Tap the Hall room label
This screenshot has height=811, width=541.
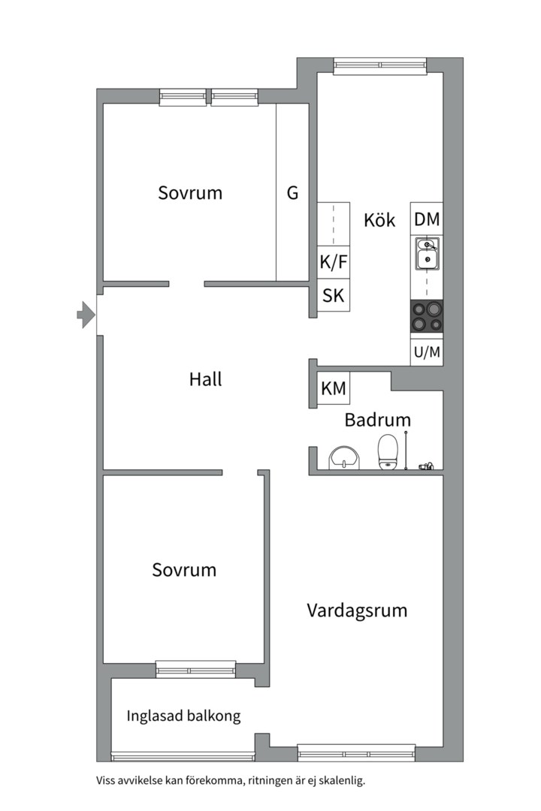click(x=205, y=380)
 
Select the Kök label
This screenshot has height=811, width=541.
click(x=379, y=220)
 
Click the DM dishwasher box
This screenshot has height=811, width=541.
click(x=427, y=219)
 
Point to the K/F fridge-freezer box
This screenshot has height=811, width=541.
click(x=334, y=262)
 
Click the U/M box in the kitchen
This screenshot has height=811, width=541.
click(x=427, y=352)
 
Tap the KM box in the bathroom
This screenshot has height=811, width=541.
click(x=334, y=388)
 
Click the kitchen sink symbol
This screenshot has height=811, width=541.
click(x=427, y=254)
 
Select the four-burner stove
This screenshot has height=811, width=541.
click(x=427, y=316)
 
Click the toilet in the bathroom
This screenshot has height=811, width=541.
click(x=388, y=451)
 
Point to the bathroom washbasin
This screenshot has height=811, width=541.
click(x=343, y=457)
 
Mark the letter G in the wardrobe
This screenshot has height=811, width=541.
click(x=292, y=193)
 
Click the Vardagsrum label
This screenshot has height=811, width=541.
click(x=357, y=611)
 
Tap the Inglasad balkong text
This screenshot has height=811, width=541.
click(x=184, y=716)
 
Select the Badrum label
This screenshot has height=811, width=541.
click(x=378, y=420)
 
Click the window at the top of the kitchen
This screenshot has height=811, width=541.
click(x=379, y=66)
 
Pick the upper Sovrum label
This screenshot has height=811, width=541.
click(x=190, y=193)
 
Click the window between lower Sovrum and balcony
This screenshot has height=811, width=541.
click(x=195, y=669)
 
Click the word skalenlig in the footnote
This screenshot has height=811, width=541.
click(x=341, y=781)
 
